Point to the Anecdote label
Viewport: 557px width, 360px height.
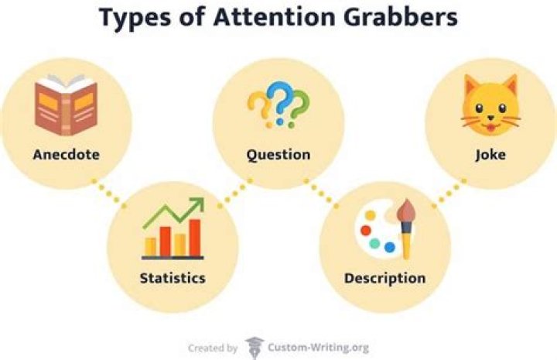(66, 154)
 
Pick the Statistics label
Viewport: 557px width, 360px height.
(172, 276)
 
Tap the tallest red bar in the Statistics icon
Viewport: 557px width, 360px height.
(195, 237)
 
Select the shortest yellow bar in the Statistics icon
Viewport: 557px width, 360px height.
(151, 246)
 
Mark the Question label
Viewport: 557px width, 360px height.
(278, 154)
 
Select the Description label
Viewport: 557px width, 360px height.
(384, 278)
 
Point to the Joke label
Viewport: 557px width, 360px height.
(490, 154)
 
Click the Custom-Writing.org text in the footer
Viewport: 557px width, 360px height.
(319, 348)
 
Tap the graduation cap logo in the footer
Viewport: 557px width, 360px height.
(254, 347)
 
